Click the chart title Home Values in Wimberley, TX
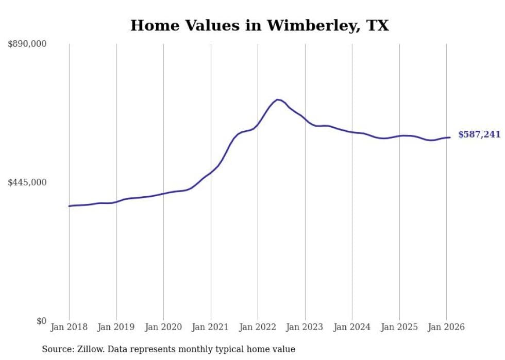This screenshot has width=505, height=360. [x=259, y=25]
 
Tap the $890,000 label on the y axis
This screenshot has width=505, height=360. [x=27, y=44]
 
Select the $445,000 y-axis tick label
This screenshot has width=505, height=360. [x=27, y=182]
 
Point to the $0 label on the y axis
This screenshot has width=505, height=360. [x=41, y=321]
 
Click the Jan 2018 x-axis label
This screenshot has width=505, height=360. [x=69, y=327]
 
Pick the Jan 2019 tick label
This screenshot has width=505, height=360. [x=116, y=327]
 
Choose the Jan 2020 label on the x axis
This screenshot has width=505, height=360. [x=163, y=327]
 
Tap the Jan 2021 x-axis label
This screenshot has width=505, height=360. [x=211, y=327]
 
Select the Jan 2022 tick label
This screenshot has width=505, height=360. [x=258, y=327]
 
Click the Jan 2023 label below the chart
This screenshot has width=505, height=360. [x=305, y=327]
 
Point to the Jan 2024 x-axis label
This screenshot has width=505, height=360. [x=352, y=327]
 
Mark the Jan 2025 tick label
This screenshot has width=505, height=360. [x=399, y=327]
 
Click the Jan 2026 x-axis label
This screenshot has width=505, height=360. [x=446, y=327]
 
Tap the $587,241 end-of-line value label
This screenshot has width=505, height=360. [x=479, y=134]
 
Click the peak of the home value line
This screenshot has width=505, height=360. [x=278, y=99]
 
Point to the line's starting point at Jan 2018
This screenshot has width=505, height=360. [x=69, y=206]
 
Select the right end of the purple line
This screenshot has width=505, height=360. [x=450, y=138]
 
